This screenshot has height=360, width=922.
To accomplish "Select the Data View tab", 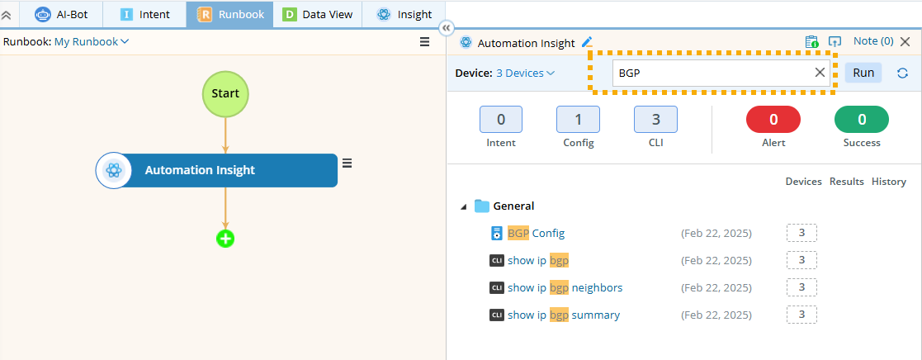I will pyautogui.click(x=318, y=14).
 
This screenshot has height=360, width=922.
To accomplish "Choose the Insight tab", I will pyautogui.click(x=404, y=14).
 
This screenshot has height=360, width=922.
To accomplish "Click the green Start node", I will pyautogui.click(x=225, y=93).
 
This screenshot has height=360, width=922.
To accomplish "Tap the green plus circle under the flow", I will pyautogui.click(x=225, y=239).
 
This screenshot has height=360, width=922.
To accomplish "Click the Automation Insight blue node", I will pyautogui.click(x=217, y=170).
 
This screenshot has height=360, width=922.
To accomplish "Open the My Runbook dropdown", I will pyautogui.click(x=92, y=41).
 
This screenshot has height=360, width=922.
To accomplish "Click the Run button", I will pyautogui.click(x=863, y=73).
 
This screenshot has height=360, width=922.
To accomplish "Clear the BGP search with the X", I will pyautogui.click(x=820, y=73).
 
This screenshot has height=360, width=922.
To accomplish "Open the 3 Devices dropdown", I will pyautogui.click(x=525, y=73).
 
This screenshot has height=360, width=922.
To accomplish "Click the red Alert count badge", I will pyautogui.click(x=773, y=120).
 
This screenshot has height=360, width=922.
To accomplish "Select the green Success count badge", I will pyautogui.click(x=862, y=120).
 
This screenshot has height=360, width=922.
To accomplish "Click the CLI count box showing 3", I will pyautogui.click(x=655, y=120).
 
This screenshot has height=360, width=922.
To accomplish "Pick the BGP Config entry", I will pyautogui.click(x=536, y=233).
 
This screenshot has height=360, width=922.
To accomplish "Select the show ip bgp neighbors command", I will pyautogui.click(x=565, y=287).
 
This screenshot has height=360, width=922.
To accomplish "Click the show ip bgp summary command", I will pyautogui.click(x=563, y=315).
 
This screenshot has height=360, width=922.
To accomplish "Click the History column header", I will pyautogui.click(x=888, y=182).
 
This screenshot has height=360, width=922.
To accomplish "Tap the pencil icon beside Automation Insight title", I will pyautogui.click(x=587, y=42).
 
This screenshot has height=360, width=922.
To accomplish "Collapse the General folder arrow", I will pyautogui.click(x=463, y=206).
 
